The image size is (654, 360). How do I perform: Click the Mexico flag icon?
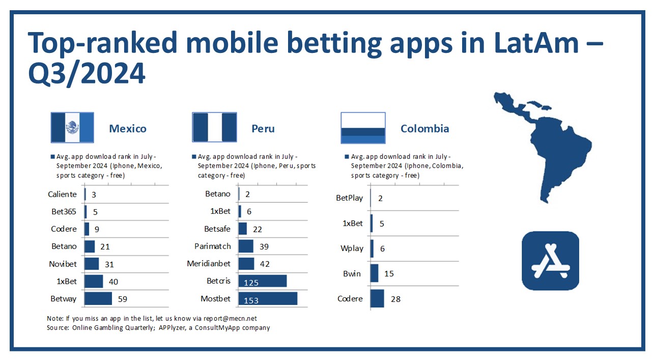tap(72, 127)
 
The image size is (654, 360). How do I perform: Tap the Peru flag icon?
tap(214, 127)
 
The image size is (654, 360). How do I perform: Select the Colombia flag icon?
tap(363, 128)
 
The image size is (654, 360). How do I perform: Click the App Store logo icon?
tap(550, 261)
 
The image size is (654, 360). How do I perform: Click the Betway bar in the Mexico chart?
tap(98, 298)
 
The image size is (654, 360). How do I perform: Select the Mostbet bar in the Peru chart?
tap(268, 298)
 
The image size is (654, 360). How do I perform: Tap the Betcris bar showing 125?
tap(263, 281)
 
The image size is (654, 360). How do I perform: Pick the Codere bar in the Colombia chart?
tap(377, 298)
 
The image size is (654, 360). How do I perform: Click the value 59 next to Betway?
tap(123, 299)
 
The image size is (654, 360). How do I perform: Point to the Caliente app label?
tap(62, 195)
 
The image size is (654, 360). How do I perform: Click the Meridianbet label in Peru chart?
tap(209, 264)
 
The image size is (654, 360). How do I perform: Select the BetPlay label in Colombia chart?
tap(350, 198)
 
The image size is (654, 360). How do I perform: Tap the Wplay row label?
tap(352, 248)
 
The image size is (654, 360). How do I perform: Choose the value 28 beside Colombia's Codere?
tap(395, 299)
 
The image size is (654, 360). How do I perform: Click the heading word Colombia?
tap(425, 128)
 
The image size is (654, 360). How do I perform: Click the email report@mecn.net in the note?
tap(230, 319)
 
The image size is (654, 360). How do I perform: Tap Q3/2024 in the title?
tap(87, 73)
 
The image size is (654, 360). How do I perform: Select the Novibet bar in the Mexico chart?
tap(92, 264)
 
